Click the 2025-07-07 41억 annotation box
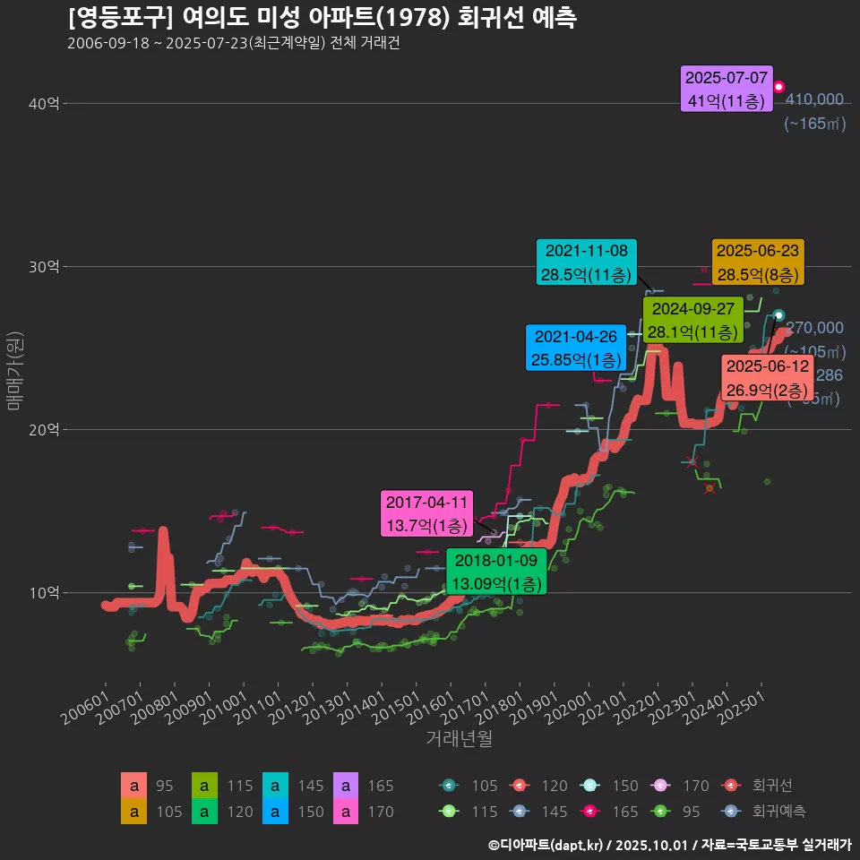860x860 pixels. pos(727,90)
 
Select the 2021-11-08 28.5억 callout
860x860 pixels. pos(588,262)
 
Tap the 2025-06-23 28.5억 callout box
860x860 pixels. pos(758,262)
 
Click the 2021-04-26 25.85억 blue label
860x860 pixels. pos(575,348)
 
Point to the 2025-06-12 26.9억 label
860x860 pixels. pos(768,379)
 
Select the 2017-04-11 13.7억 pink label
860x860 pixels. pos(426,514)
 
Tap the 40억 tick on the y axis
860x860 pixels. pos(44,104)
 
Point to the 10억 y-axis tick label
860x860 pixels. pos(44,593)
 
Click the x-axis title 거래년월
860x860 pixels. pos(459,739)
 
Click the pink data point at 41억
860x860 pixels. pos(779,87)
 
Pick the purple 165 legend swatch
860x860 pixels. pos(346,786)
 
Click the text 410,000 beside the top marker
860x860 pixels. pos(813,99)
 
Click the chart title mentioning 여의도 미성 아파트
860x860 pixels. pos(322,17)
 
